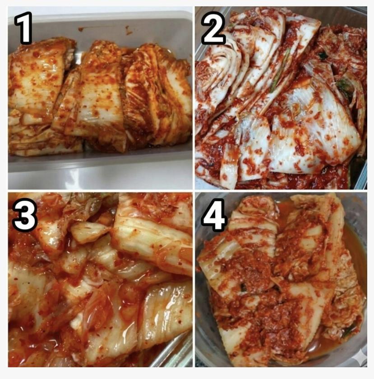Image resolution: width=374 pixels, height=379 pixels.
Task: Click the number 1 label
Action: coord(23,28)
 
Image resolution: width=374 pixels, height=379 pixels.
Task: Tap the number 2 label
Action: coord(213,28)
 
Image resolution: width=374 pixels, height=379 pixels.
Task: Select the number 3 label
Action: coord(24,215)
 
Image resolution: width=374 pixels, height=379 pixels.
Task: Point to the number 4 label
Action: coord(214,215)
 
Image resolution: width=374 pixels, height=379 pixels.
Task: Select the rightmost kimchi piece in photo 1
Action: coord(157,94)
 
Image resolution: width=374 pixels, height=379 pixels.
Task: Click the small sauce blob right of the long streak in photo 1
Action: coord(128,30)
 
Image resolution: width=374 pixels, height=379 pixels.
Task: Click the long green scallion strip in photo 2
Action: coord(281,70)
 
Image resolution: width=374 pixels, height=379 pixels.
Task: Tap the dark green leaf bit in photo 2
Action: coord(323,56)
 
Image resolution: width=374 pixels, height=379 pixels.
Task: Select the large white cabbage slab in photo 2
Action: coord(314,130)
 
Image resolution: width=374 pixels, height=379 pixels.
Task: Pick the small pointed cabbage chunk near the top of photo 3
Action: coord(89,231)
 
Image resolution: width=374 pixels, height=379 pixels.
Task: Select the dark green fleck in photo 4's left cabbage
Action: coord(243,287)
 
